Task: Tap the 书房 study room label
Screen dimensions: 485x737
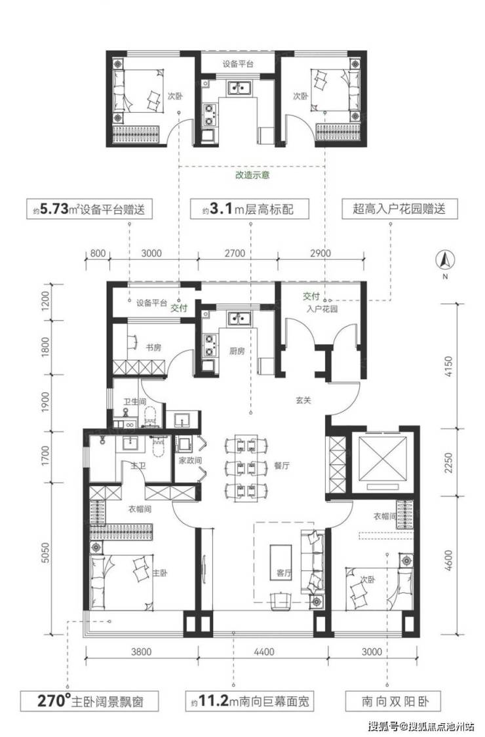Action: (x=153, y=348)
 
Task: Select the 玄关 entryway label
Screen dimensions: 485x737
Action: (x=303, y=401)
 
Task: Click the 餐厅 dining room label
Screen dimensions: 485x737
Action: (x=282, y=466)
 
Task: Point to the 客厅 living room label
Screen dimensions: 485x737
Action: (x=284, y=573)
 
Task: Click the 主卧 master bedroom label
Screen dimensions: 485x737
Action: (x=161, y=573)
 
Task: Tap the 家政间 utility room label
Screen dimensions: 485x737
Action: (x=190, y=460)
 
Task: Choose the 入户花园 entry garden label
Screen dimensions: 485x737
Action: (x=322, y=309)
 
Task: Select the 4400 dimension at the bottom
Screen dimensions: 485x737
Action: (x=263, y=652)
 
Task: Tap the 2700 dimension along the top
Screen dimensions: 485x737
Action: (x=235, y=253)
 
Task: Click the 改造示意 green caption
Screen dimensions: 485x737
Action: (x=252, y=176)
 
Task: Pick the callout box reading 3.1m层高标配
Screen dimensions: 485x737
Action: (x=250, y=209)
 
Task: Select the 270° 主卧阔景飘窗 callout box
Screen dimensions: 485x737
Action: (x=90, y=702)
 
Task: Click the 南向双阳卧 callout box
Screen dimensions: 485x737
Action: (x=394, y=702)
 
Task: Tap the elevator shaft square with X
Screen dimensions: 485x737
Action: (x=383, y=459)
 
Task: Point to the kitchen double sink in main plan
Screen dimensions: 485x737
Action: (x=241, y=319)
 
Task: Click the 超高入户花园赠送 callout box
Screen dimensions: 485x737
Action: (x=399, y=209)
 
